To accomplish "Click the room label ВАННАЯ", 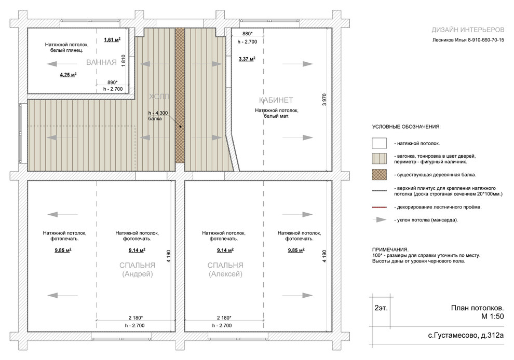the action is pyautogui.click(x=101, y=62).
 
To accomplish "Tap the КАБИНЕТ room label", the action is pyautogui.click(x=276, y=100).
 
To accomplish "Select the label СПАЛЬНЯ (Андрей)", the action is pyautogui.click(x=138, y=270).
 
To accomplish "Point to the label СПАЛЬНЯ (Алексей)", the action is pyautogui.click(x=225, y=270).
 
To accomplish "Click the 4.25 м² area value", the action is pyautogui.click(x=68, y=75).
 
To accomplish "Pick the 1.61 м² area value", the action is pyautogui.click(x=112, y=39).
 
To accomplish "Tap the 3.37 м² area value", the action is pyautogui.click(x=247, y=59).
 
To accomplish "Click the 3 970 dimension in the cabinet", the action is pyautogui.click(x=324, y=100).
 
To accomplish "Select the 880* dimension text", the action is pyautogui.click(x=248, y=34).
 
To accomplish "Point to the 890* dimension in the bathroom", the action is pyautogui.click(x=113, y=82).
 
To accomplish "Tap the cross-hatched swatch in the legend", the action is pyautogui.click(x=380, y=175).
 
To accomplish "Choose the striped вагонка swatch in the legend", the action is pyautogui.click(x=380, y=159).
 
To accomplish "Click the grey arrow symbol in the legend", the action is pyautogui.click(x=380, y=220).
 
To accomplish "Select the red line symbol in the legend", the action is pyautogui.click(x=380, y=207).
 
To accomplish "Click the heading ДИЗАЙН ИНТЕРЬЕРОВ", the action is pyautogui.click(x=468, y=30).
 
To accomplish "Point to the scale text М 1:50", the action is pyautogui.click(x=492, y=316).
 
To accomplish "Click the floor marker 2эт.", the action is pyautogui.click(x=381, y=308).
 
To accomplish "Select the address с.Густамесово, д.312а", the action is pyautogui.click(x=466, y=336).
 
